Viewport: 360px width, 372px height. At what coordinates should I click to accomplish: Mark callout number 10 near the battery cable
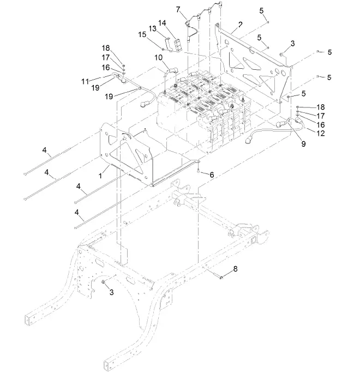coord(158,57)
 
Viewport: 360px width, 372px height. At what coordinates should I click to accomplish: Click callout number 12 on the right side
coord(322,133)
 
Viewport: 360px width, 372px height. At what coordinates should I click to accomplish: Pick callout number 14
coord(162,23)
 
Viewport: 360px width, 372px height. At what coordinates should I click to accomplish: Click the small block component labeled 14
coord(177,44)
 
